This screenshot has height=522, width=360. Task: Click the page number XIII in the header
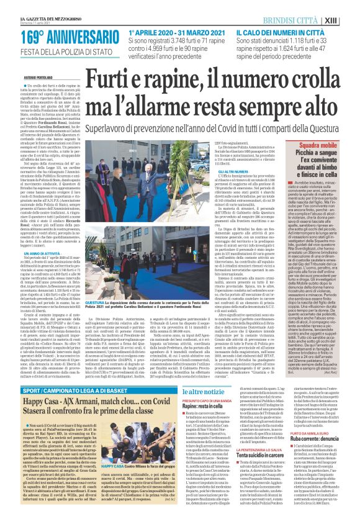(348, 20)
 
